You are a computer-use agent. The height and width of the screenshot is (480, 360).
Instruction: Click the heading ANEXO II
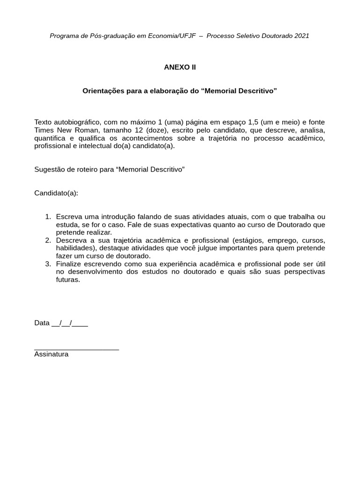[180, 67]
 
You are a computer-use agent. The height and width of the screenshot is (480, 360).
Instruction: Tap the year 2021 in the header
[302, 36]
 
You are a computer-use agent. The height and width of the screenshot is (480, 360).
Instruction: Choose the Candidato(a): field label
[56, 193]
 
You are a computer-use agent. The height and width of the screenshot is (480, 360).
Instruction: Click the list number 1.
[47, 217]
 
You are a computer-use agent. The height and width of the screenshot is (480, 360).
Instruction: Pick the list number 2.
[47, 240]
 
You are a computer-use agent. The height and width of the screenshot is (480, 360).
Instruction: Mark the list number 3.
[47, 264]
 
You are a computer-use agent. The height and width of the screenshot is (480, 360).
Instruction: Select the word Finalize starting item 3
[68, 264]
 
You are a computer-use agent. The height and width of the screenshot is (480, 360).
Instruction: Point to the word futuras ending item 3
[67, 280]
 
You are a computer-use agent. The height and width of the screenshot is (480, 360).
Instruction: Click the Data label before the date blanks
[42, 323]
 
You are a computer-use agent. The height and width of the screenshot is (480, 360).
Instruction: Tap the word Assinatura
[51, 354]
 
